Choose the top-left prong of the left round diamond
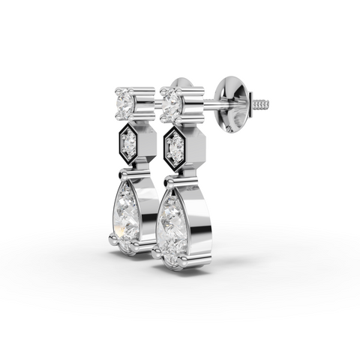(118, 91)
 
